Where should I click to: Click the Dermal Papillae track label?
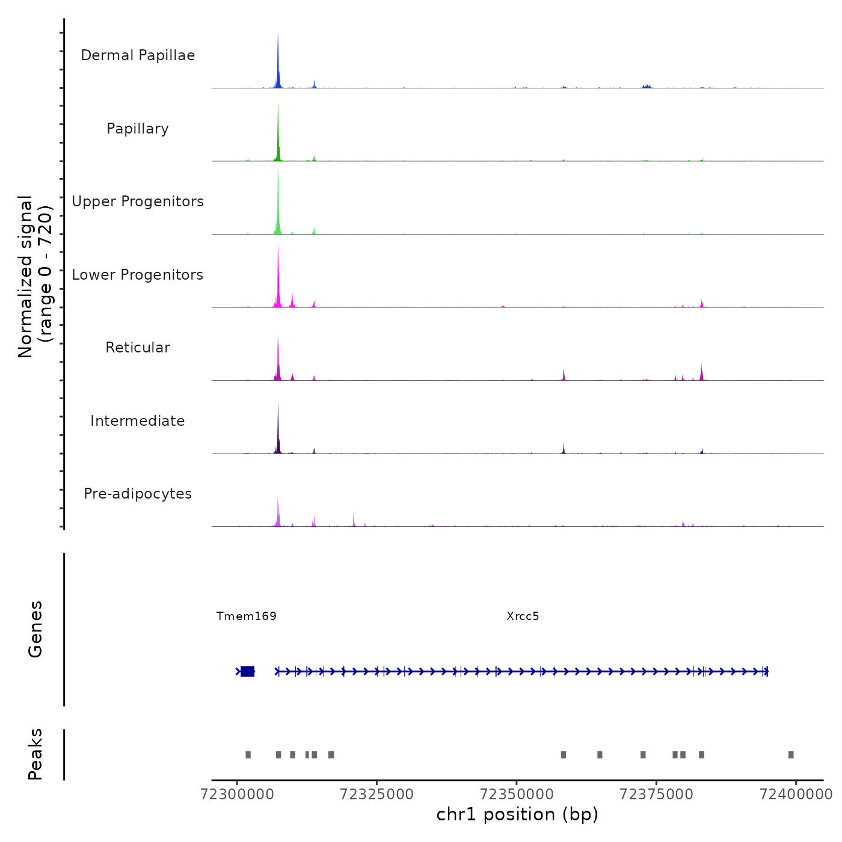(x=138, y=55)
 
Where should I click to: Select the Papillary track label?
(x=138, y=129)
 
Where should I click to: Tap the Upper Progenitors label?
(x=138, y=201)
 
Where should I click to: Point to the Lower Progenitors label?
(x=138, y=275)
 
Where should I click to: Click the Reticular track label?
(x=138, y=348)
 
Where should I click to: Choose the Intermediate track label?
(x=138, y=421)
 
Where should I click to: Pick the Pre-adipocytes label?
(x=138, y=494)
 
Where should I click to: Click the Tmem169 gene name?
(x=247, y=616)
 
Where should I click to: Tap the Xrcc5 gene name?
(x=523, y=616)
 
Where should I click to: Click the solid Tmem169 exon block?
(x=247, y=671)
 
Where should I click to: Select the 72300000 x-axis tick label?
(x=237, y=794)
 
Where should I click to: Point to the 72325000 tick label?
(x=376, y=794)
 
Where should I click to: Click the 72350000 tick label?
(x=517, y=794)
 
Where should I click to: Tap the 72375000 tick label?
(x=656, y=794)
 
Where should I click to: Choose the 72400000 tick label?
(x=796, y=794)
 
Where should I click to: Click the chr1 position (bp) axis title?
(x=517, y=814)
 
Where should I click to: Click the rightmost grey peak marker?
(x=791, y=755)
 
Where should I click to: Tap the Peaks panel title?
(x=35, y=754)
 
